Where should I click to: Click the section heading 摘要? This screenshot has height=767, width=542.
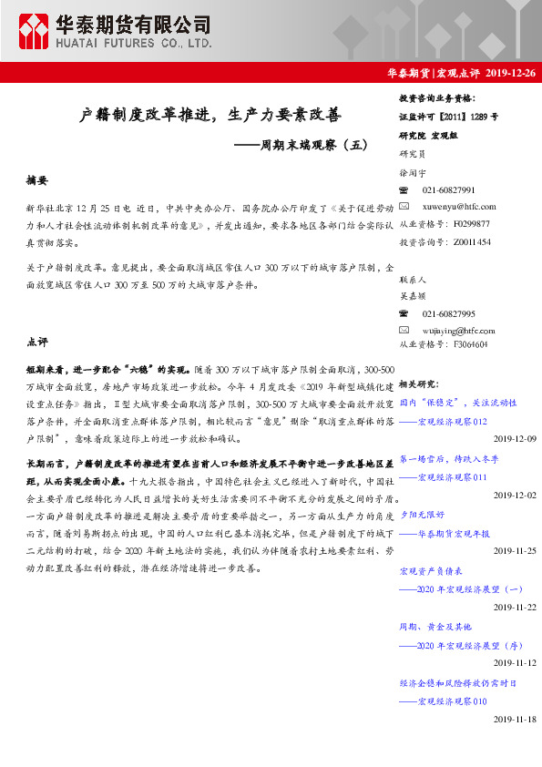37,181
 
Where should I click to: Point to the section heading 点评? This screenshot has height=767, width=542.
37,343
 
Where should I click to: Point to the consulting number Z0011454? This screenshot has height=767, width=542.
472,242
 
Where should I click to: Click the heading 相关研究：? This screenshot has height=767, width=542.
419,384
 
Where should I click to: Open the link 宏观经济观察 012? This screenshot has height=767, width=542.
452,422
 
